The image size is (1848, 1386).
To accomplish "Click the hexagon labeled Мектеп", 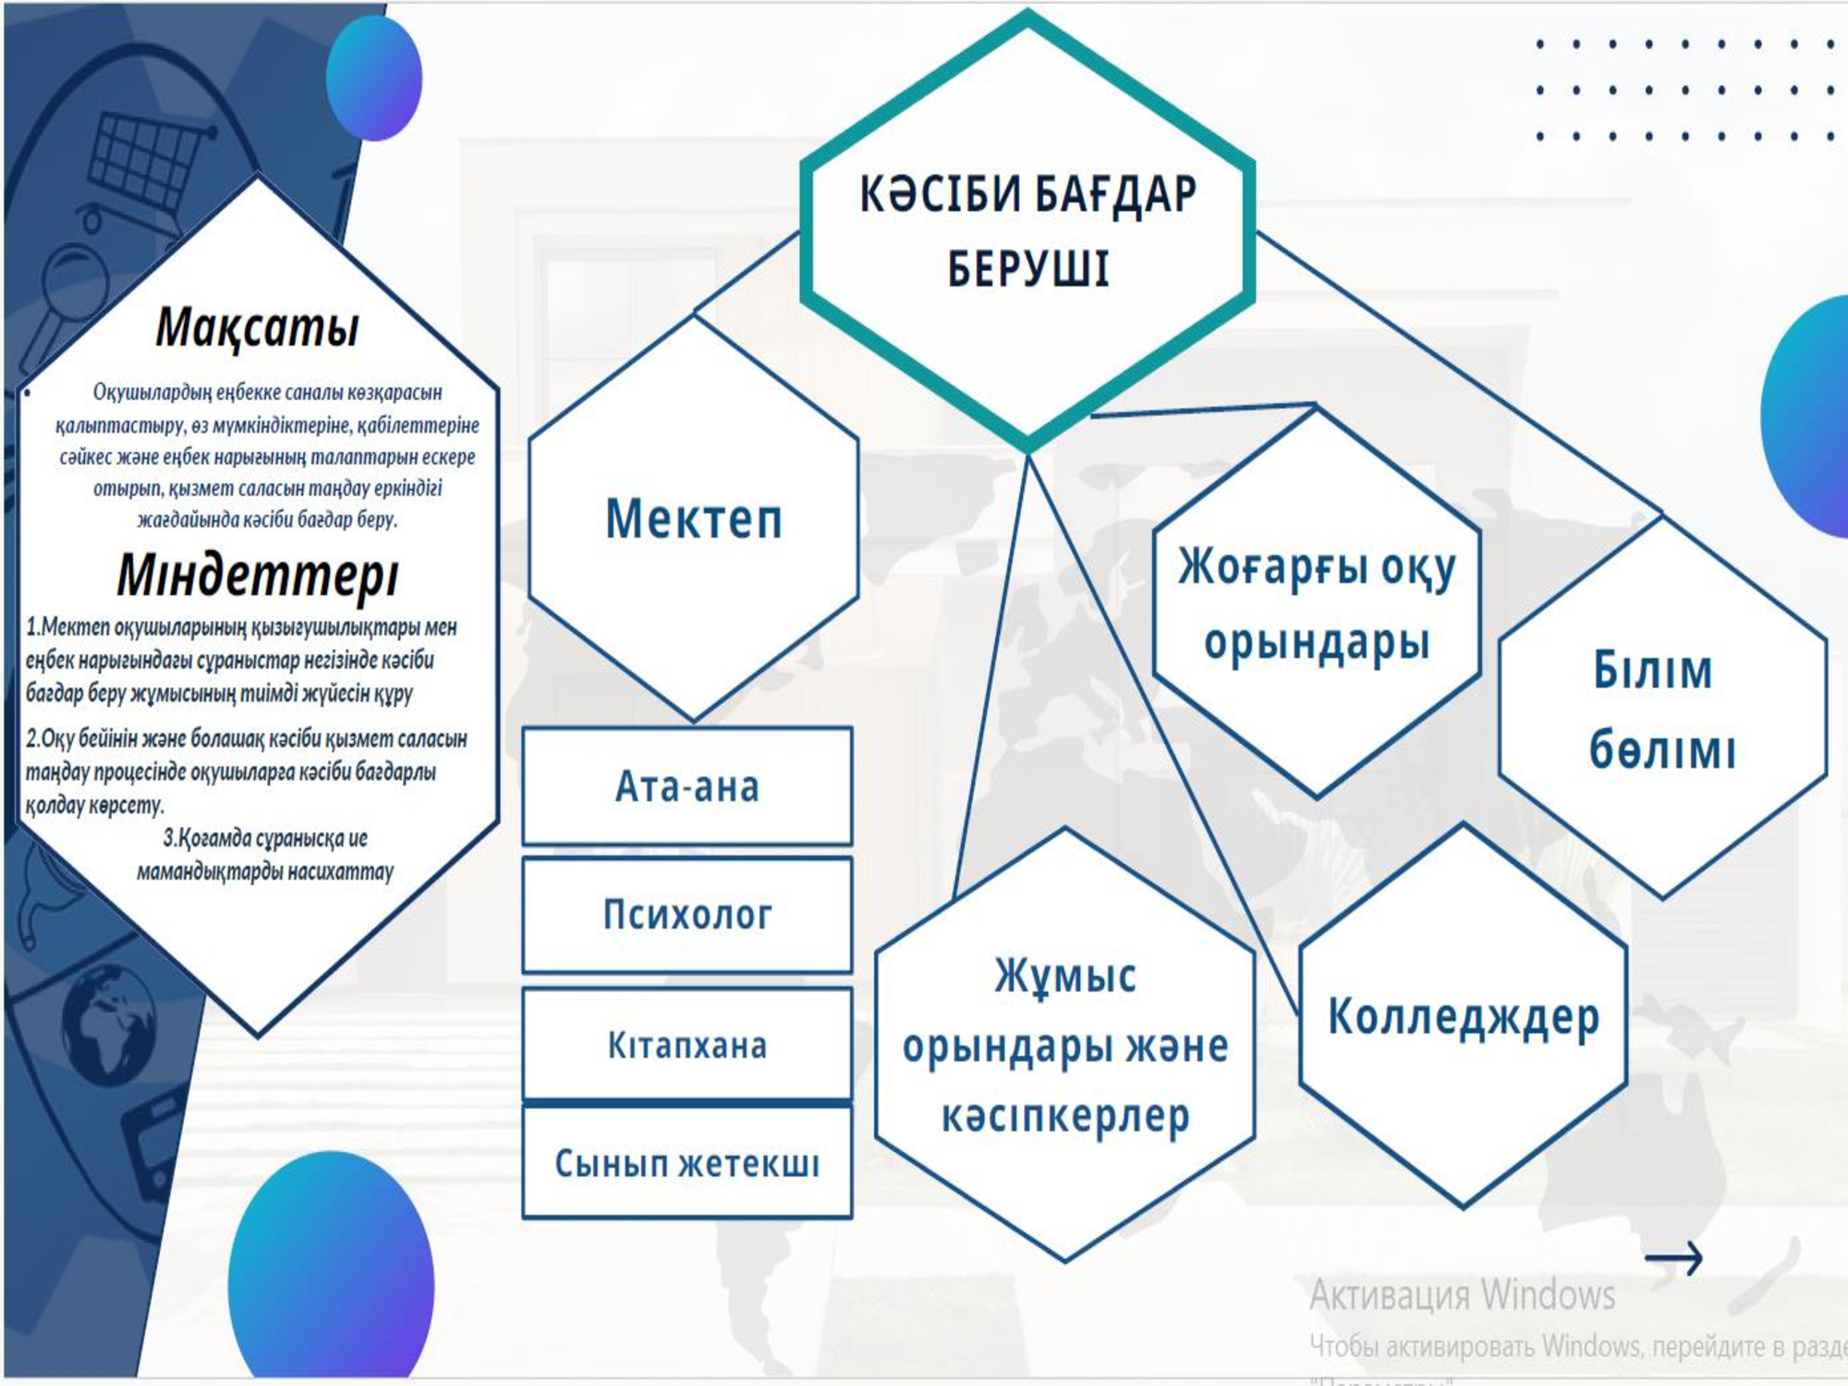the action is coord(694,517).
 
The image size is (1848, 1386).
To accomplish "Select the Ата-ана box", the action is coord(687,786).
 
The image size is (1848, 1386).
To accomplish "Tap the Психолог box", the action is coord(687,915).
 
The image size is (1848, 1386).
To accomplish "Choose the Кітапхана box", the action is coord(687,1044).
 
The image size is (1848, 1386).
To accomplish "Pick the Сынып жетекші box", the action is coord(687,1162).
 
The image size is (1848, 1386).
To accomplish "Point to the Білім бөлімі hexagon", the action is coord(1662,708).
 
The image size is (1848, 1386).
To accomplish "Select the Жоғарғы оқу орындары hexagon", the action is coord(1317,602).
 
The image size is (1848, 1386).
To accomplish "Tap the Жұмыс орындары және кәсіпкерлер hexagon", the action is coord(1064,1044).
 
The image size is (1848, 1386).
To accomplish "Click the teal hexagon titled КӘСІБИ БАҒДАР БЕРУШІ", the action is coord(1027,231).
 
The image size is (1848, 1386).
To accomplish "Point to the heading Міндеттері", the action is coord(258,574).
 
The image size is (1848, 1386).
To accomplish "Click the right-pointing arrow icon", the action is coord(1673,1258).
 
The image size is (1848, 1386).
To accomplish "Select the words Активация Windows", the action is coord(1463,1295).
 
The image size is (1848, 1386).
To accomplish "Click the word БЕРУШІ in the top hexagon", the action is coord(1027,269).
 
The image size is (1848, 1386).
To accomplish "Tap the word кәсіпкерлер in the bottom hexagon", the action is coord(1065,1116).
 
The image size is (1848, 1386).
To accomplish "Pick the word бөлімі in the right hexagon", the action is coord(1662,749).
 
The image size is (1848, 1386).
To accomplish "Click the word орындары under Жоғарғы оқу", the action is coord(1317,641).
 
